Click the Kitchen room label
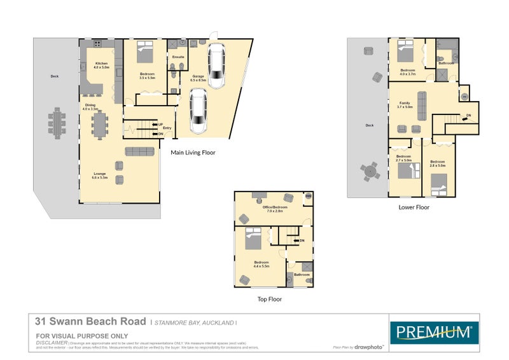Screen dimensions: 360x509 pyautogui.click(x=101, y=64)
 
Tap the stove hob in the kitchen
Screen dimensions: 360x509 pyautogui.click(x=97, y=45)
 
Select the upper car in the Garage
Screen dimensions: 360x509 pyautogui.click(x=217, y=66)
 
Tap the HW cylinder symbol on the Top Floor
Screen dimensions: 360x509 pyautogui.click(x=309, y=197)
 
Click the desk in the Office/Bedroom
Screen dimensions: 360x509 pyautogui.click(x=259, y=195)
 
